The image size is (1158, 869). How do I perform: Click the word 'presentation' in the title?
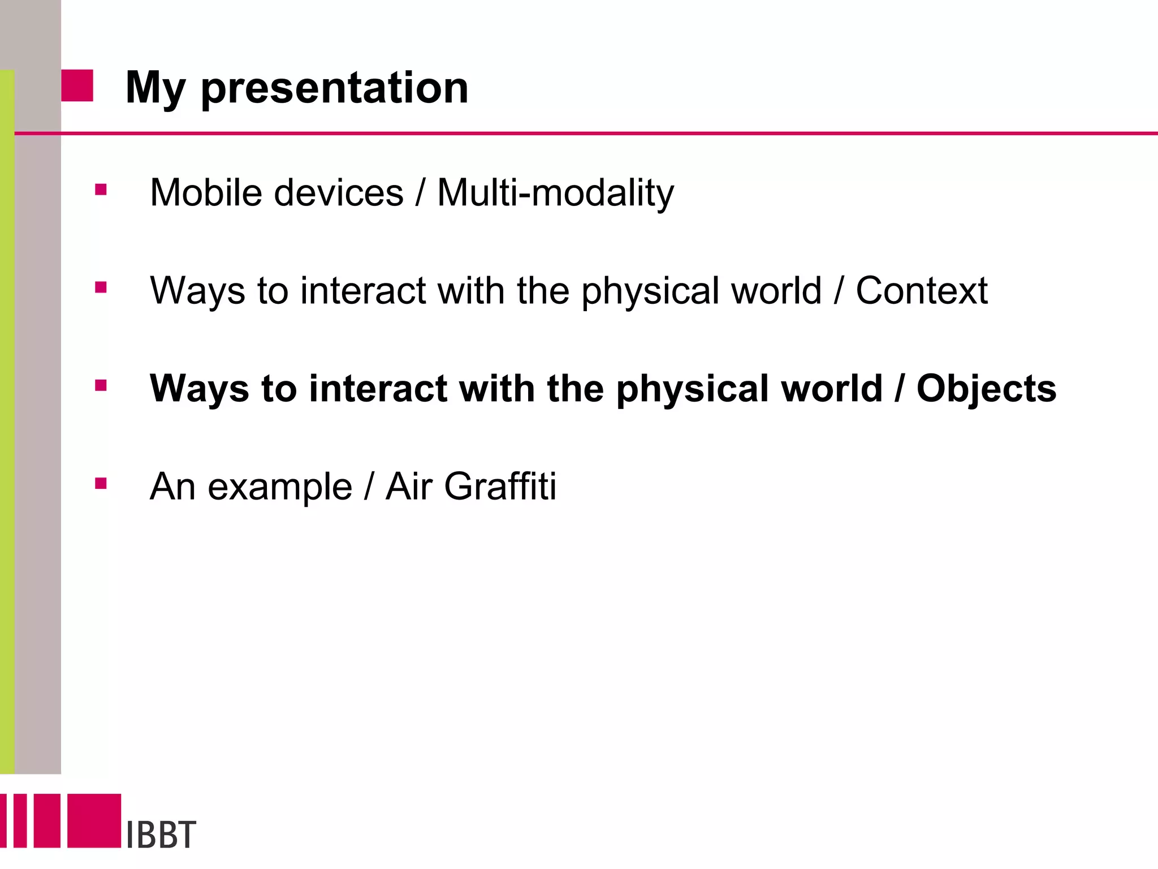(334, 88)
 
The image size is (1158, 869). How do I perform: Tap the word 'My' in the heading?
(155, 88)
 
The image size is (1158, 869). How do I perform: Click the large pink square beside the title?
(77, 85)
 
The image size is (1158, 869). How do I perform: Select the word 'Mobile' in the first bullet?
(206, 193)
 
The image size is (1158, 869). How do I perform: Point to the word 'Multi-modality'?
(555, 193)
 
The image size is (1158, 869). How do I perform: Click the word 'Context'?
(921, 291)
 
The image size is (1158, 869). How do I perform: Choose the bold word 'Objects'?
(986, 389)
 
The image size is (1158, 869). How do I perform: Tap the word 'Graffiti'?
(500, 487)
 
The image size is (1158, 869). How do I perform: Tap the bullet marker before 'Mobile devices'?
(101, 190)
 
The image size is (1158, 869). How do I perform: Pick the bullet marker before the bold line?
(101, 386)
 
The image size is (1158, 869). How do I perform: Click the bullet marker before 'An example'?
(101, 484)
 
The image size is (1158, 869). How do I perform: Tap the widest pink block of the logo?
(94, 820)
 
